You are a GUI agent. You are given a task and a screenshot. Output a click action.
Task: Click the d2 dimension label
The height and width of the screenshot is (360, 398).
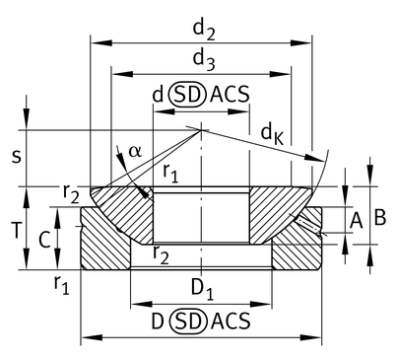tap(204, 30)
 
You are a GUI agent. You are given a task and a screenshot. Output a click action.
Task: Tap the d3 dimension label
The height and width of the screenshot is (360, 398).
tap(204, 60)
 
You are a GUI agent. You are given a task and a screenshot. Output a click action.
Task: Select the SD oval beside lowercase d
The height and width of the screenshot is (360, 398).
tap(187, 95)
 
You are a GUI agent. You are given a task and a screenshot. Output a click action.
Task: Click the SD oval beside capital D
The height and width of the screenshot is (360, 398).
tap(189, 322)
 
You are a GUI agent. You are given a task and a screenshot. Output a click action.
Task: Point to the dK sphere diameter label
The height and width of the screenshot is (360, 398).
tap(272, 135)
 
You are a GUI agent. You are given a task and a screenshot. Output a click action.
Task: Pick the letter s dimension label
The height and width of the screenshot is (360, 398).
tap(16, 157)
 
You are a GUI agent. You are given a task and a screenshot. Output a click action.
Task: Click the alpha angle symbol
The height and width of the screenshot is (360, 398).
tap(135, 151)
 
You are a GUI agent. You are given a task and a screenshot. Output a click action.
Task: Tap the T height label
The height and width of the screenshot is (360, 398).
tap(17, 230)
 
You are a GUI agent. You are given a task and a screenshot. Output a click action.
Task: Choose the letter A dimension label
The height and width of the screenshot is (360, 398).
tap(356, 221)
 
